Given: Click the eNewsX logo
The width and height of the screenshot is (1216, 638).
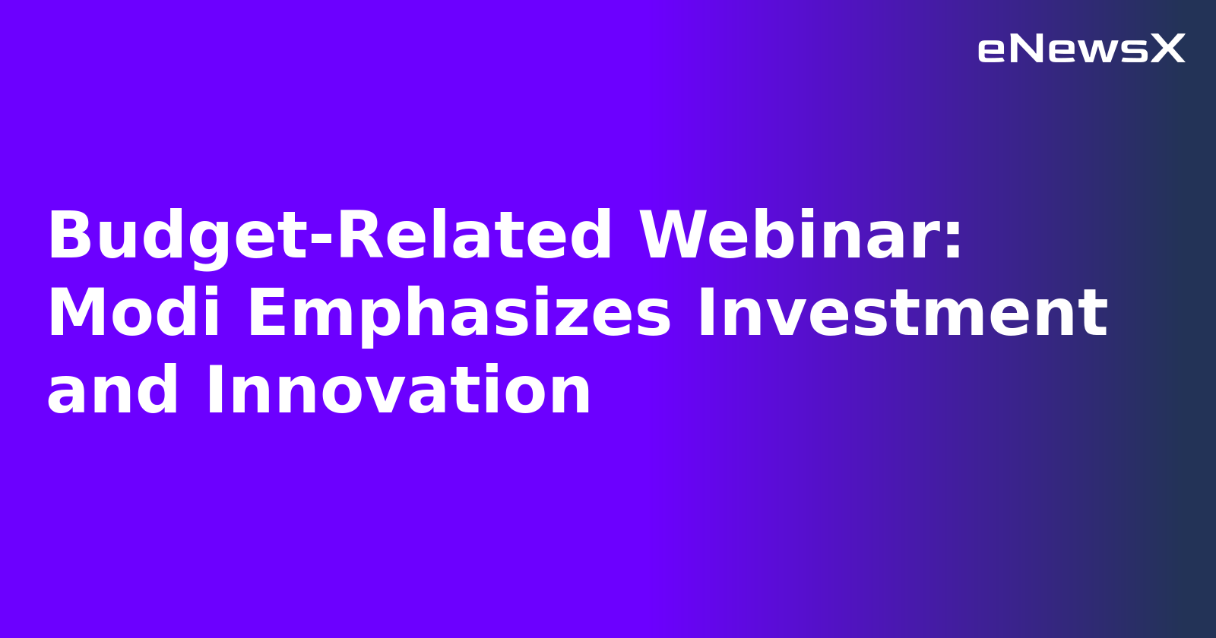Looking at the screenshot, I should [x=1081, y=49].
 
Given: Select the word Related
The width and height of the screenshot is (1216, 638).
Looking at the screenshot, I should [x=474, y=236].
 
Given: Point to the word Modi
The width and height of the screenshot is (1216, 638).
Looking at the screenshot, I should [x=134, y=313].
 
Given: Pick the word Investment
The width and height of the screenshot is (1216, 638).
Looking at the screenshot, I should [x=902, y=313].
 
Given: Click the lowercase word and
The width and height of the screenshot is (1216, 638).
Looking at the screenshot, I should [x=112, y=390].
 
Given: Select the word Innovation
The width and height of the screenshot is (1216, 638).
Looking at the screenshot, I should [x=398, y=390].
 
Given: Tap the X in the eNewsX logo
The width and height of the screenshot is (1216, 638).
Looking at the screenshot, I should [x=1167, y=49].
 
